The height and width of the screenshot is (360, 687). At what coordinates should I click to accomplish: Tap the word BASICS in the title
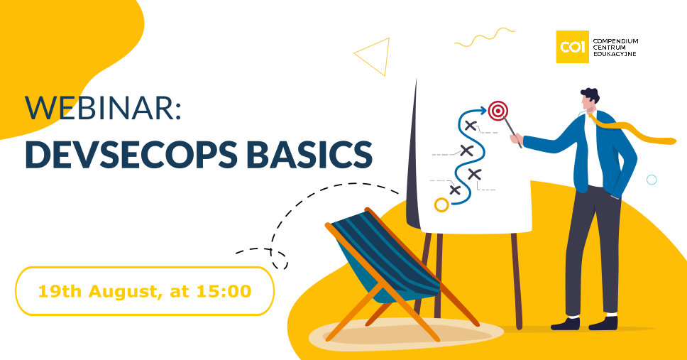click(309, 155)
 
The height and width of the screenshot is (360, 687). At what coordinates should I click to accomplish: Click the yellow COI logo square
click(572, 47)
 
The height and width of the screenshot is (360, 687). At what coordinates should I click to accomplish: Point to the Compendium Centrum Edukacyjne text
click(615, 48)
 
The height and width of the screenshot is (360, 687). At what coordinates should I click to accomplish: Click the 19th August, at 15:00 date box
click(145, 290)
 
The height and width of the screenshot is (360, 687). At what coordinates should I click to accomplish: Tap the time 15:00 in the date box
click(224, 291)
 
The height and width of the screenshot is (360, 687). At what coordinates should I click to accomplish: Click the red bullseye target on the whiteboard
click(498, 111)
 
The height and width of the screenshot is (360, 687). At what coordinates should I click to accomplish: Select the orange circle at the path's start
click(441, 204)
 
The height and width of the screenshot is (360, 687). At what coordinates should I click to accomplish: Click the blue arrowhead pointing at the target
click(483, 110)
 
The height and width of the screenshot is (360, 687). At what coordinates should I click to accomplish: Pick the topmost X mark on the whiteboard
click(470, 126)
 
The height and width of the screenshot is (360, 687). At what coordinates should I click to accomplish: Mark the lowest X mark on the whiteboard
click(455, 190)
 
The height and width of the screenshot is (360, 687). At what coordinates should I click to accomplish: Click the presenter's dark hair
click(590, 95)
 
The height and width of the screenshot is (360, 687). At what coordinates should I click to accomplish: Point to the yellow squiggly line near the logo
click(485, 37)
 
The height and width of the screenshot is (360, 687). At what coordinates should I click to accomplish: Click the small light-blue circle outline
click(652, 180)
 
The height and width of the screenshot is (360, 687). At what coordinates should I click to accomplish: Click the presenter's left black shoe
click(565, 324)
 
